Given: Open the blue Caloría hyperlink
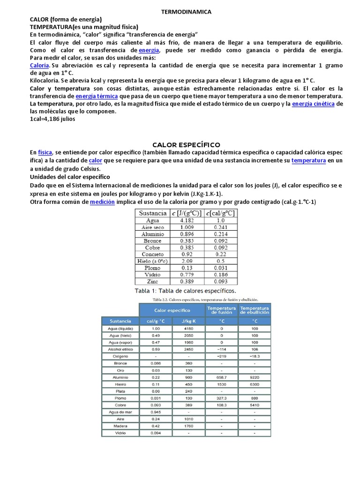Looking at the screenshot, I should click(x=39, y=65).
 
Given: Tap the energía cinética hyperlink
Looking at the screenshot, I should click(x=313, y=104).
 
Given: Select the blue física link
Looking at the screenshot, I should click(x=45, y=152).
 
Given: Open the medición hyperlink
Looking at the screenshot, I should click(x=102, y=202).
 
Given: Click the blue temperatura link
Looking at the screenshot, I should click(x=308, y=160).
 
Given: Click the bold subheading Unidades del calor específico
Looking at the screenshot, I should click(x=70, y=177).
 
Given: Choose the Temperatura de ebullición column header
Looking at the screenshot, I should click(x=255, y=310).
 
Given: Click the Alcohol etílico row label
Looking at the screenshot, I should click(x=120, y=349).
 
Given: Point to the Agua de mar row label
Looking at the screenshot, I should click(x=120, y=412).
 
